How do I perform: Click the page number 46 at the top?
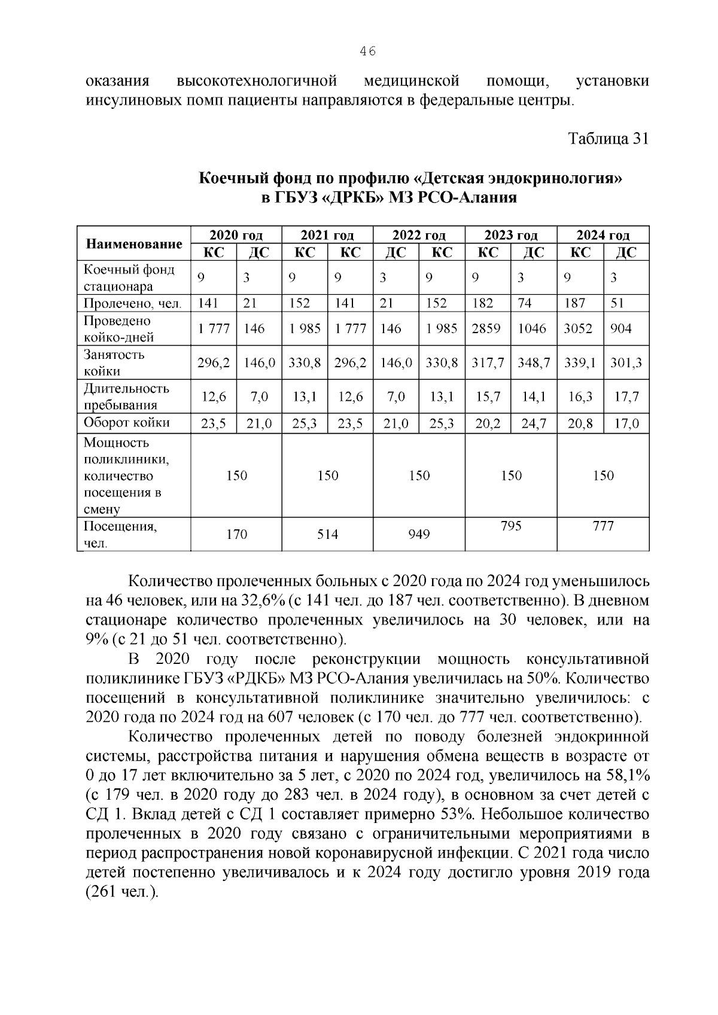pos(367,52)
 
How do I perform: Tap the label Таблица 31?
pos(608,139)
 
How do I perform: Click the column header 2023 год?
pos(511,235)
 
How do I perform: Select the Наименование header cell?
pos(134,243)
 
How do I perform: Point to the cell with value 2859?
pos(486,328)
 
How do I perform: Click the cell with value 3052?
pos(579,328)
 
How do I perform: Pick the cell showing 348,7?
pos(534,362)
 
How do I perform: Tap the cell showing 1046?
pos(532,328)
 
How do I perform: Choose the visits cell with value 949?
pos(419,534)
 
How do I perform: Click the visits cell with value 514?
pos(327,534)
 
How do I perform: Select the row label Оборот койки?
pos(127,423)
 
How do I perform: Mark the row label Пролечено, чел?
pos(133,303)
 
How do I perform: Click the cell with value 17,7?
pos(626,397)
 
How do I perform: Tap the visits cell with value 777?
pos(603,526)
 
